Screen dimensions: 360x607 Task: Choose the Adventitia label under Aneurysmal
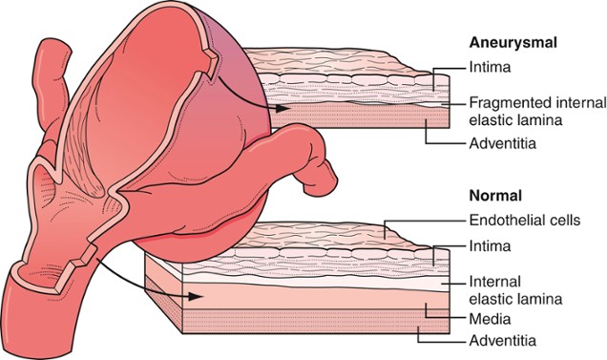[501, 143]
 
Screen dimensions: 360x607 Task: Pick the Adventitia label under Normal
[501, 340]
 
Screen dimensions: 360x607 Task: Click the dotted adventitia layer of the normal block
[286, 330]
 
